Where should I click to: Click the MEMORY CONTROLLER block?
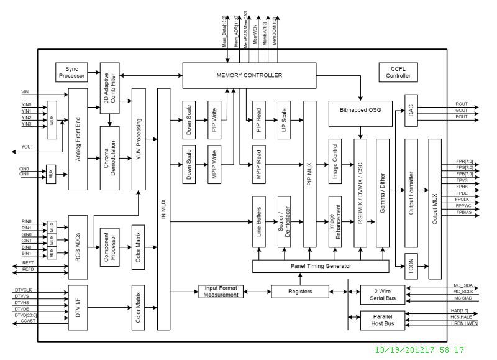249,75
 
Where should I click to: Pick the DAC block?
411,110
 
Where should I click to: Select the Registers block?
300,291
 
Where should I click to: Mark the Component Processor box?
112,247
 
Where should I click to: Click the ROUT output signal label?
462,104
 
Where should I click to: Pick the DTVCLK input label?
24,290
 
